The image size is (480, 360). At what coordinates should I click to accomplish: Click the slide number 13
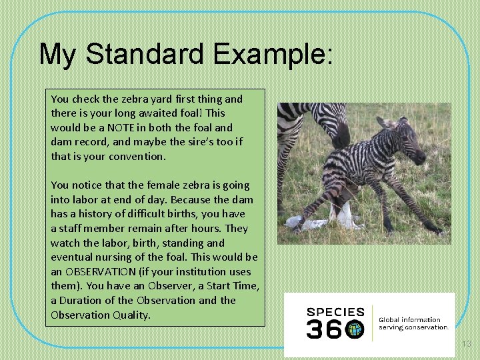(x=466, y=344)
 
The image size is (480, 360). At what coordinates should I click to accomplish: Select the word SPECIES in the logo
(x=335, y=312)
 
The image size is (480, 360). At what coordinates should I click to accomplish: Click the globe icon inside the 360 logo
(x=355, y=329)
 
